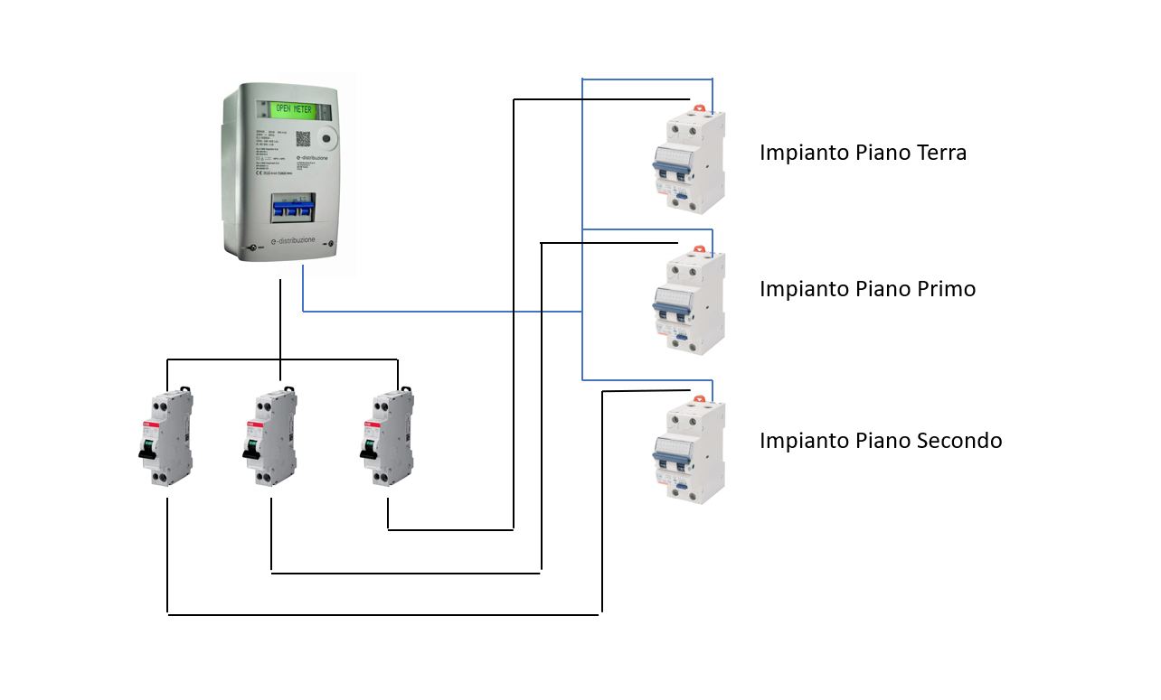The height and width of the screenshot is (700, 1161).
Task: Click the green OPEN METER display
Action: pos(293,109)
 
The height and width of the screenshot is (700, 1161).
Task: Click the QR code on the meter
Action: pos(302,139)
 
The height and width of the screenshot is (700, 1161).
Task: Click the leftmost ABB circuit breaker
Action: pos(168,439)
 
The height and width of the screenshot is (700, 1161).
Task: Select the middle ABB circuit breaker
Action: pos(272,439)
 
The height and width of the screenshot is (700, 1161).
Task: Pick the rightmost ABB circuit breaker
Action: pos(390,439)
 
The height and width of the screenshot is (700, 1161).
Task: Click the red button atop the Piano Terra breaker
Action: pos(698,109)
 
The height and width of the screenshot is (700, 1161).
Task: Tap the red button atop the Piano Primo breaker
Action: pos(698,250)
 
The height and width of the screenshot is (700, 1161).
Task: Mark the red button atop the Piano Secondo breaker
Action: pos(698,398)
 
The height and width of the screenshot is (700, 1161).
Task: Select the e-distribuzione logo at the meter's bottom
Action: pos(289,243)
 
